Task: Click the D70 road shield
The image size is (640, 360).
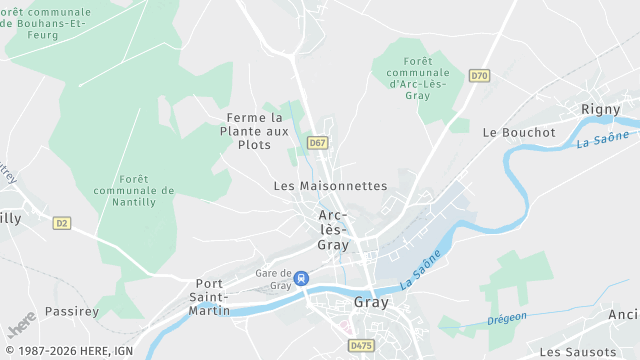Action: click(x=480, y=75)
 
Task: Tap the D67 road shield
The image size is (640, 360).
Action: click(x=317, y=143)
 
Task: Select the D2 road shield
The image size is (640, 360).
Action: click(x=63, y=223)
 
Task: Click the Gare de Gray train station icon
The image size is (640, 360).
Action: click(x=301, y=279)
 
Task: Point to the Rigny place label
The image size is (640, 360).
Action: click(x=601, y=108)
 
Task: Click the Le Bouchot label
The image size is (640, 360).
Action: click(x=518, y=132)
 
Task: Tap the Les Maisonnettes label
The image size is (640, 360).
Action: click(x=330, y=186)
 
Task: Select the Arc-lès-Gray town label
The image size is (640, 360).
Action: click(x=333, y=230)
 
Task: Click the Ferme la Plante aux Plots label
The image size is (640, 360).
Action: click(x=256, y=131)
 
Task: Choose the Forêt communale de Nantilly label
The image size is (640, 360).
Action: click(x=134, y=190)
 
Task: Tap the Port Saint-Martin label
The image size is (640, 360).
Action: click(x=209, y=297)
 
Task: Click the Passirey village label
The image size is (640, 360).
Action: click(x=72, y=311)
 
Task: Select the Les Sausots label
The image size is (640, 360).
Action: click(x=577, y=352)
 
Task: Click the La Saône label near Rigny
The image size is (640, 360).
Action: click(x=603, y=140)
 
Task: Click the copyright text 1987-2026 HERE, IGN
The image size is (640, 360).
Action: click(x=67, y=351)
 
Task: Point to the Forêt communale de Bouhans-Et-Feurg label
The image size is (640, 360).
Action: click(x=46, y=23)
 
